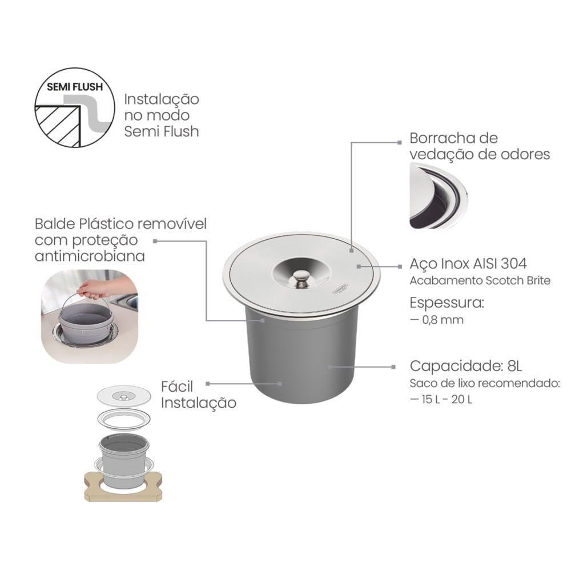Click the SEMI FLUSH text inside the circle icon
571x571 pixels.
pos(75,87)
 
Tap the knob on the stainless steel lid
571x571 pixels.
pos(300,278)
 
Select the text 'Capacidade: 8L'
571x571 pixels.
pos(466,365)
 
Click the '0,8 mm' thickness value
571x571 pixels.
pos(443,320)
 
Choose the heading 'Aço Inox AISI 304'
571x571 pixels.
pos(468,263)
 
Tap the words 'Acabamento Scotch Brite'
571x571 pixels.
pos(480,280)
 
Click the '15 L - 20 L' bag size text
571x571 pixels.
pos(447,400)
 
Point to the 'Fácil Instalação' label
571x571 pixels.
pos(199,395)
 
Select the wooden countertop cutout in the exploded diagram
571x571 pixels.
pos(123,487)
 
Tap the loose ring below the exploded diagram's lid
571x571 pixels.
pos(124,419)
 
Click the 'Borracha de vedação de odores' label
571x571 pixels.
pos(480,146)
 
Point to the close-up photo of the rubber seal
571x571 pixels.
pos(439,196)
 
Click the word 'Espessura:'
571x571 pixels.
pos(447,303)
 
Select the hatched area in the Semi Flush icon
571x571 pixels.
pos(58,126)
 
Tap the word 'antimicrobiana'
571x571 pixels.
pos(90,256)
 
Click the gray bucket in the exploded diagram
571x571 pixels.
pos(124,460)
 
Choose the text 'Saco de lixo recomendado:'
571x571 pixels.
pos(485,384)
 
